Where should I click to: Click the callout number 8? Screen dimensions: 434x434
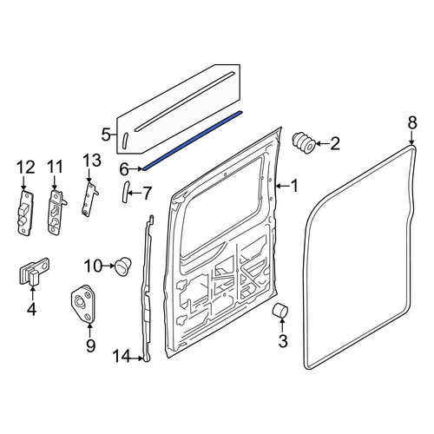(412, 122)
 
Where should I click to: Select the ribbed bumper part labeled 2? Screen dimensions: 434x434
(304, 143)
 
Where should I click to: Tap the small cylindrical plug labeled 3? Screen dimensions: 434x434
(280, 310)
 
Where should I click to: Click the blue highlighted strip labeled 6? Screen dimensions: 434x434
(192, 140)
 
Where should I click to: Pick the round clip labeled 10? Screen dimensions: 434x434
(123, 266)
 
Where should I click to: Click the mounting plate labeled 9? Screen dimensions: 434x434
(82, 304)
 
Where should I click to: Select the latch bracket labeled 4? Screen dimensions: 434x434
(34, 271)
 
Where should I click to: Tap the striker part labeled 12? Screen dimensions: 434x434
(25, 213)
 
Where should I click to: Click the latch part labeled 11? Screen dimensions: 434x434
(56, 212)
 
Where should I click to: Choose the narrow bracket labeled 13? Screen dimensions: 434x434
(89, 198)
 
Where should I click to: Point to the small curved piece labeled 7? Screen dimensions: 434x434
(126, 192)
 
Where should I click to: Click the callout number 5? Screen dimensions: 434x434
(106, 135)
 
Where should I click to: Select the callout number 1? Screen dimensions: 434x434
(294, 186)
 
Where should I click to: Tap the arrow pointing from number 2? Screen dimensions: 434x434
(322, 143)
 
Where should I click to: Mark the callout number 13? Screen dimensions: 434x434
(92, 161)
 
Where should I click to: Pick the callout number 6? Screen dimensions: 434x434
(124, 169)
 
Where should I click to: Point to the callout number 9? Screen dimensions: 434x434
(90, 345)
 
